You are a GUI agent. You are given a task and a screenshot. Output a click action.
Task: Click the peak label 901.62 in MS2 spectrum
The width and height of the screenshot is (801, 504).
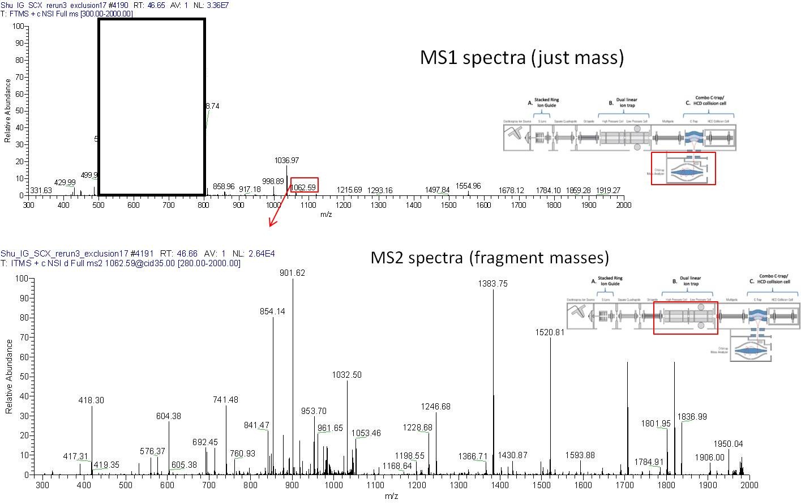(x=293, y=273)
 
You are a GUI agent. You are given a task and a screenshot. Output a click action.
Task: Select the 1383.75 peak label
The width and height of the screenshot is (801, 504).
(x=493, y=284)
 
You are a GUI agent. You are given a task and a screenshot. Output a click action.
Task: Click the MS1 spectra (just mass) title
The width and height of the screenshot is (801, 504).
(x=521, y=57)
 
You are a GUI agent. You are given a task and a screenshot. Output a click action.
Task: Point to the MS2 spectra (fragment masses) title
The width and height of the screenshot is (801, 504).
(x=490, y=258)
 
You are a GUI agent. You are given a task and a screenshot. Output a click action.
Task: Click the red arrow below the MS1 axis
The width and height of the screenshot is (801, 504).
(x=278, y=210)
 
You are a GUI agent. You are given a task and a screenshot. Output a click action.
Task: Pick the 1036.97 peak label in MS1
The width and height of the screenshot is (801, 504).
(x=286, y=161)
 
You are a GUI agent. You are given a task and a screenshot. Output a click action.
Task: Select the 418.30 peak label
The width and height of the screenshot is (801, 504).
(x=91, y=400)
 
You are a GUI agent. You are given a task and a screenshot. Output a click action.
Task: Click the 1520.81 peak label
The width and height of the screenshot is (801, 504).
(x=550, y=332)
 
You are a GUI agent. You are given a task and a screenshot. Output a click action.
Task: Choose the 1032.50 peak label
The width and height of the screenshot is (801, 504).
(x=346, y=375)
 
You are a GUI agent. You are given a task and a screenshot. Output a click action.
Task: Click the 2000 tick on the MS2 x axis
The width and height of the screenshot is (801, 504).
(x=749, y=485)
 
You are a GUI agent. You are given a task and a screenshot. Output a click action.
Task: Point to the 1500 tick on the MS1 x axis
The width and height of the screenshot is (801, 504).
(x=448, y=205)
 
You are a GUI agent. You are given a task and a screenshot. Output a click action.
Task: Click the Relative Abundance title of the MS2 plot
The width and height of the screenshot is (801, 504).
(x=9, y=376)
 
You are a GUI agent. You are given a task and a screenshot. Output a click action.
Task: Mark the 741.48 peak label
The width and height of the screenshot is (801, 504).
(x=225, y=400)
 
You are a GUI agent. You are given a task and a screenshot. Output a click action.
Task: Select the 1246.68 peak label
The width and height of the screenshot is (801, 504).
(x=435, y=407)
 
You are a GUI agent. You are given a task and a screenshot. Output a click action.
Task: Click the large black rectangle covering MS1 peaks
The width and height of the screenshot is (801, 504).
(x=152, y=106)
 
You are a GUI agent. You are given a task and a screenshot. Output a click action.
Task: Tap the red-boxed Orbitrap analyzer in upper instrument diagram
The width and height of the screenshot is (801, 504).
(x=683, y=168)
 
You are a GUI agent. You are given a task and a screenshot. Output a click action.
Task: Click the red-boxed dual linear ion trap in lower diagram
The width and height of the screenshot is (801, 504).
(x=685, y=318)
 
